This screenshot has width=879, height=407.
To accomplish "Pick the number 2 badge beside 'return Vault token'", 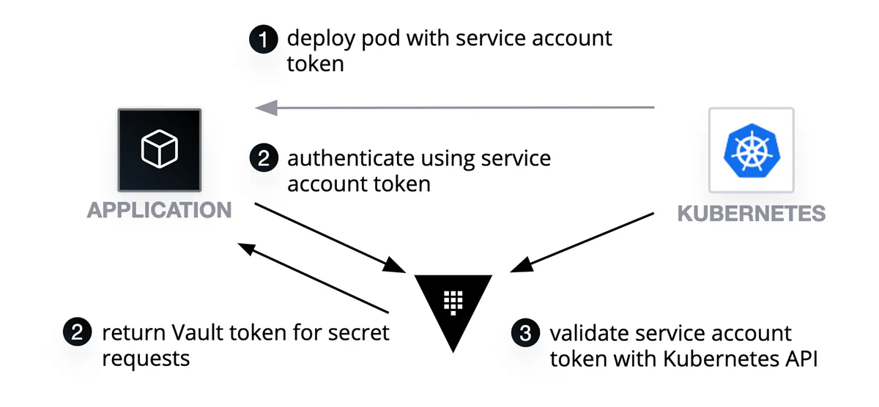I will tap(77, 334).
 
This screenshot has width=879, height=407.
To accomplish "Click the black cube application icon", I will tap(159, 151).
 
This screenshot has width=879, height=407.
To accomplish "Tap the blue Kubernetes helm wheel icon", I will tap(750, 151).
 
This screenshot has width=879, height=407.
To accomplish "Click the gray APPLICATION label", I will tap(159, 211).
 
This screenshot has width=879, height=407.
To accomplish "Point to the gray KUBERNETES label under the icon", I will tap(751, 214).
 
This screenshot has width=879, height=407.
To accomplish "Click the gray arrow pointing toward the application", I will tap(454, 108).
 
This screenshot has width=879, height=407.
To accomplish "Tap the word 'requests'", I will tap(146, 359).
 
